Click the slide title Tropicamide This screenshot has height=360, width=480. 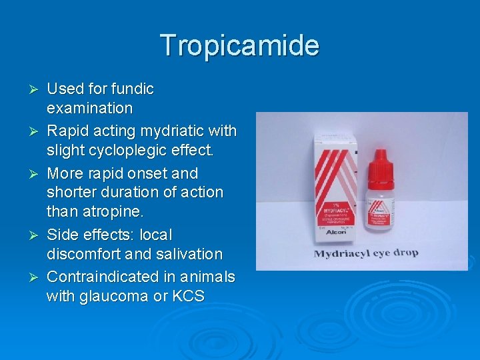(x=240, y=45)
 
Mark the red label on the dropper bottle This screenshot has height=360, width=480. (x=381, y=200)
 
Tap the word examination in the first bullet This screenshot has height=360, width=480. (x=89, y=108)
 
